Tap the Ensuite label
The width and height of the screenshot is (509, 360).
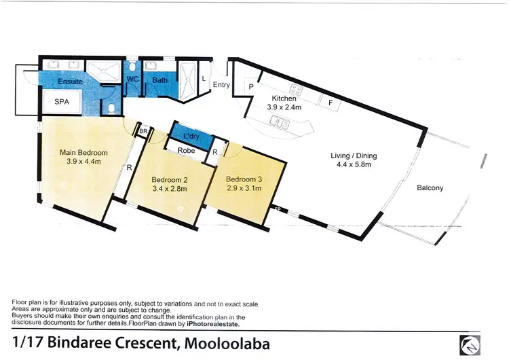[71, 81]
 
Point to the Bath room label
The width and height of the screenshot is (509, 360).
[159, 80]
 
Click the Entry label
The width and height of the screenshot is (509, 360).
[221, 85]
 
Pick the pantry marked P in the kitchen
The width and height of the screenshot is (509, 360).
[250, 88]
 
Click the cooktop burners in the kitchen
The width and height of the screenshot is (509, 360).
[297, 89]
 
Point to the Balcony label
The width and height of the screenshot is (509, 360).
[430, 188]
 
